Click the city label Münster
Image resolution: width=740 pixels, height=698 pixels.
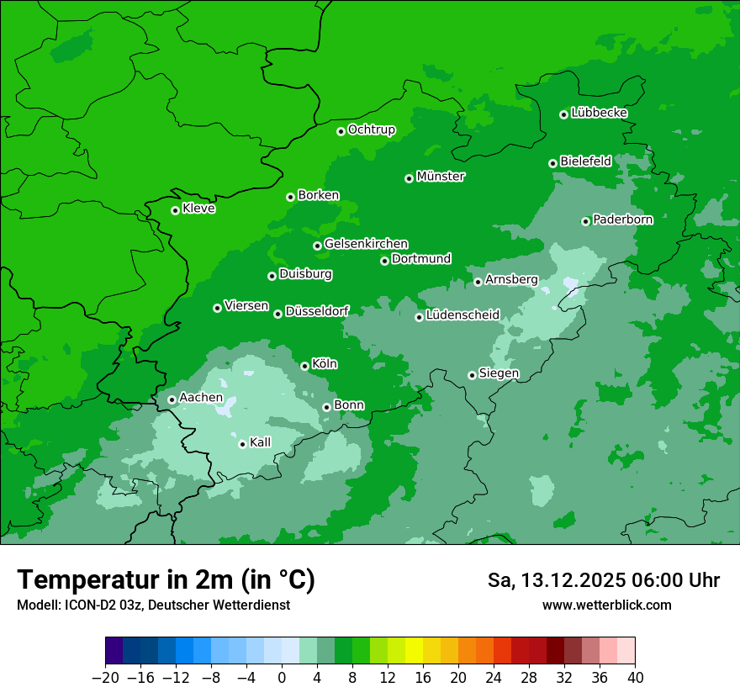(x=441, y=177)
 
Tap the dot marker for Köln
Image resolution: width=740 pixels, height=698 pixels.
(x=304, y=366)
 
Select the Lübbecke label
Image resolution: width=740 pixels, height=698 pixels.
(x=599, y=113)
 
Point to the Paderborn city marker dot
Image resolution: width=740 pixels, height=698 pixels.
(x=585, y=221)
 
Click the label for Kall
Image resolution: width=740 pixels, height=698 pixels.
(x=261, y=442)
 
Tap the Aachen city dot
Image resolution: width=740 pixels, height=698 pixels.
(x=172, y=399)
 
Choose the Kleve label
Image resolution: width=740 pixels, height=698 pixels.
(x=198, y=209)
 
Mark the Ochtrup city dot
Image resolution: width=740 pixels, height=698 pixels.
(x=341, y=130)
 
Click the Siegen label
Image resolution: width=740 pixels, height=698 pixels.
(x=499, y=373)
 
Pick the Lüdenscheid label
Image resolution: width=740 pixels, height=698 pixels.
(x=462, y=315)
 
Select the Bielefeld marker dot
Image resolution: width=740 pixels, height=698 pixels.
(x=552, y=163)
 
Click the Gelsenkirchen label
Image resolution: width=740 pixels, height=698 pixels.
(x=366, y=244)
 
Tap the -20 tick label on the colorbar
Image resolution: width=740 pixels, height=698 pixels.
(x=105, y=677)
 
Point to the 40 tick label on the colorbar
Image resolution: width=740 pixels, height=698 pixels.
(x=635, y=677)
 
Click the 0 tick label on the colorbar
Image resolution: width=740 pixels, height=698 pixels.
(x=282, y=677)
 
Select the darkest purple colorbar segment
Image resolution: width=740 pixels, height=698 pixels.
(x=114, y=651)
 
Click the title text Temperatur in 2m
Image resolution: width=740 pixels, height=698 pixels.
(x=166, y=579)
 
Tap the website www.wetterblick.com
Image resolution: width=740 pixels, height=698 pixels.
(x=606, y=605)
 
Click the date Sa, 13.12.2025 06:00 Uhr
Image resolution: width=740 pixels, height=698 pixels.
(x=603, y=580)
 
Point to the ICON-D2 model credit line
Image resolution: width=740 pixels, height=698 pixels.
(x=153, y=605)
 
